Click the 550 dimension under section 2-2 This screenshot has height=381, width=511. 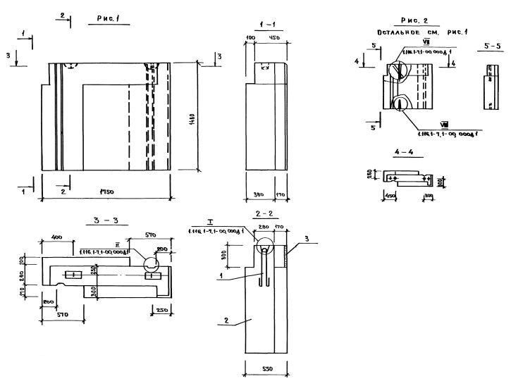(x=266, y=368)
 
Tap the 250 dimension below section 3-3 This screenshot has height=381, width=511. (x=163, y=311)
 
